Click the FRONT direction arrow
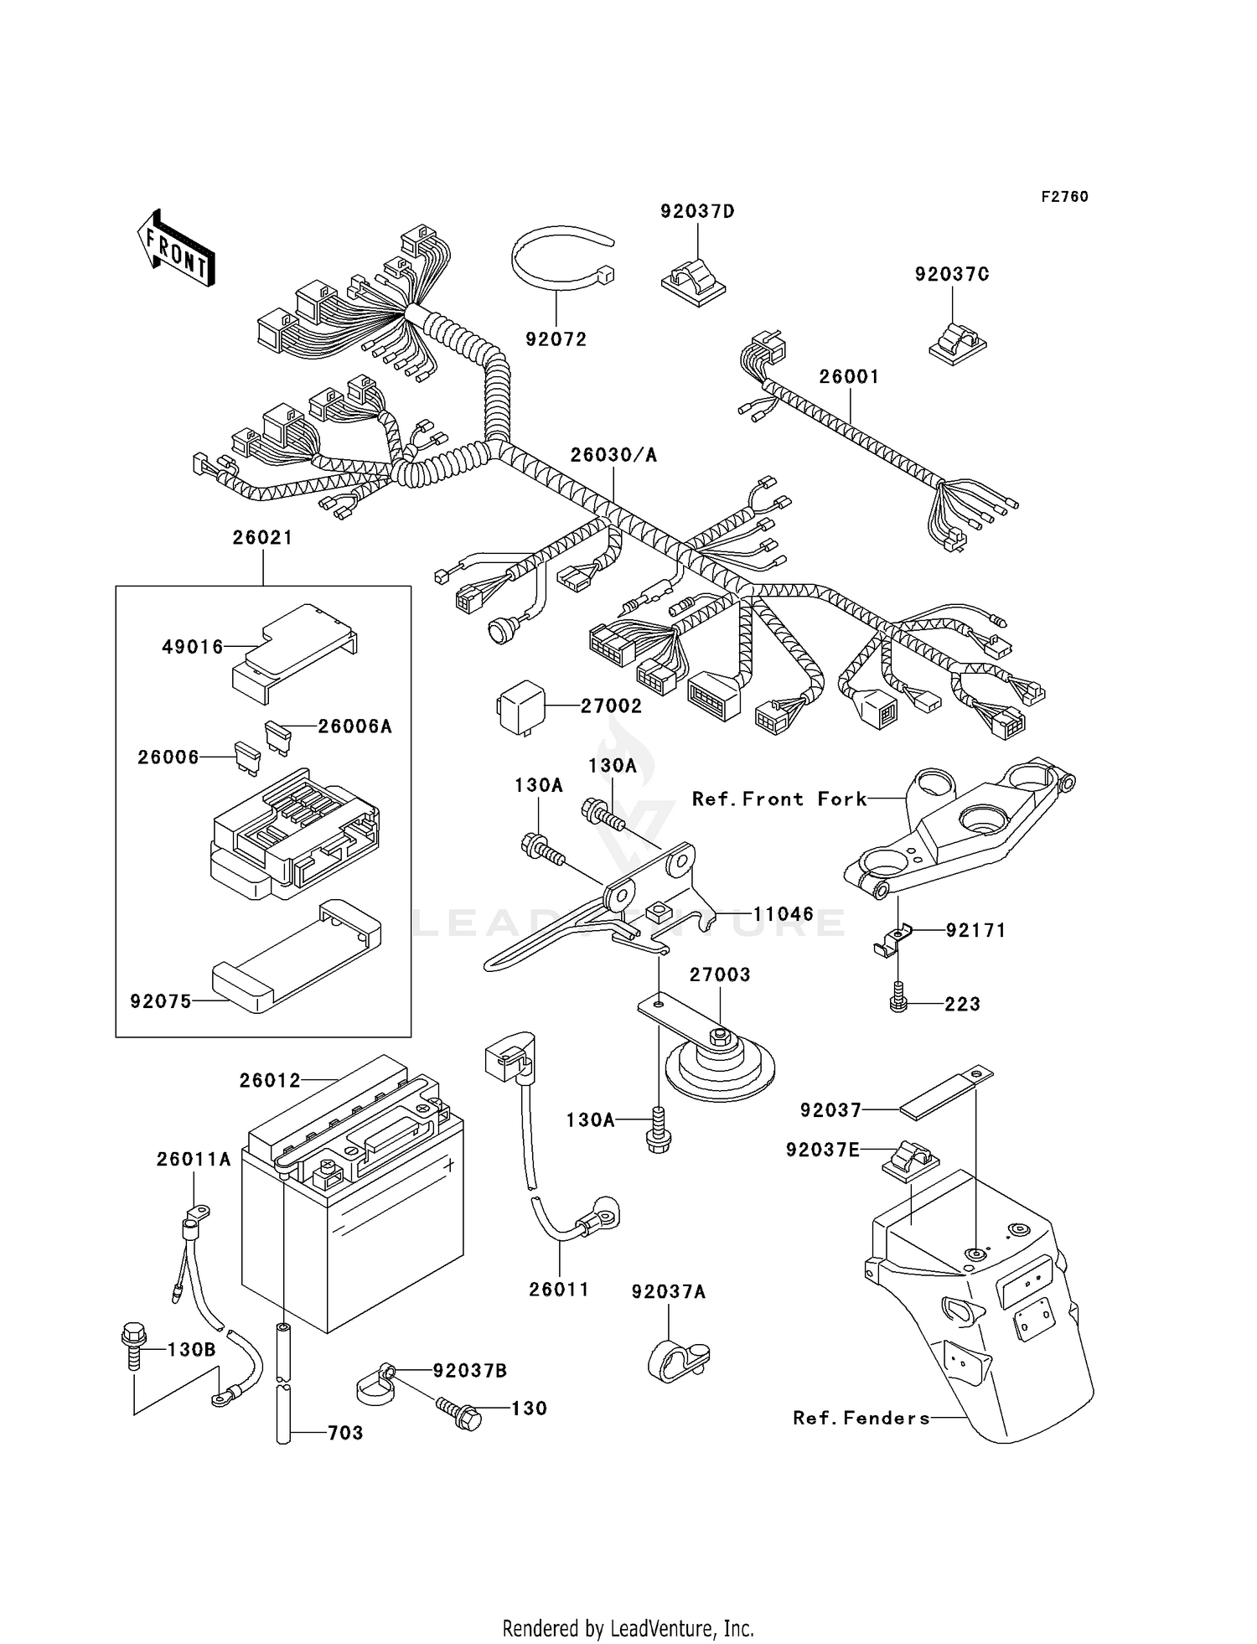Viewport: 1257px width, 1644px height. coord(176,249)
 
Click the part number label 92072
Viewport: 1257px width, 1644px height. coord(556,339)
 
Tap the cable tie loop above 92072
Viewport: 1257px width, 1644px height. coord(560,257)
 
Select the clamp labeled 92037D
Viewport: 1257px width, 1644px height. coord(693,277)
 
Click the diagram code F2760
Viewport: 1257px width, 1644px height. coord(1064,197)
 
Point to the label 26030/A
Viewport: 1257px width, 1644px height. coord(613,455)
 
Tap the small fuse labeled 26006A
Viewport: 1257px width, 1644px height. coord(277,737)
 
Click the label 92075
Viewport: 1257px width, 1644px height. coord(161,1001)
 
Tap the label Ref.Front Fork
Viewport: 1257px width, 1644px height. coord(779,799)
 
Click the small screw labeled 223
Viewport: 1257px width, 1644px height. coord(898,1002)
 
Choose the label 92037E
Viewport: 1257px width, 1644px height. coord(822,1150)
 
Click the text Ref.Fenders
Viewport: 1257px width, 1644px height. coord(861,1418)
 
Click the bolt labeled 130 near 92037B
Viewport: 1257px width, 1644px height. coord(459,1413)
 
